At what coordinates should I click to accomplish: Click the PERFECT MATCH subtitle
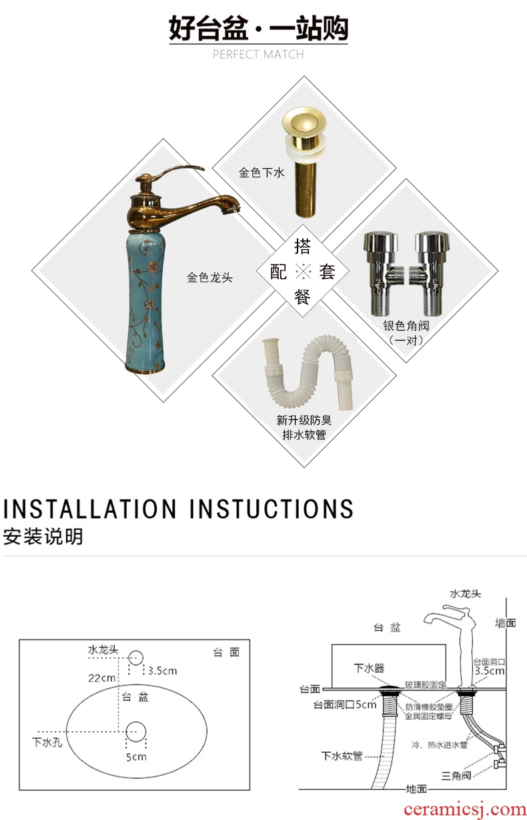258,55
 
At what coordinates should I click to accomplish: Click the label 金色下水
261,172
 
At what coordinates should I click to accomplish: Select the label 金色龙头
209,278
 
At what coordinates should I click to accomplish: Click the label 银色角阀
406,325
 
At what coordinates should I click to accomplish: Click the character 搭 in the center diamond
302,246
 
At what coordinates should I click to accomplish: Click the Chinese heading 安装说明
43,537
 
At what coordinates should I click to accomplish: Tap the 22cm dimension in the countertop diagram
101,678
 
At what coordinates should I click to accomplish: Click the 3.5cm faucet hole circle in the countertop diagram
135,658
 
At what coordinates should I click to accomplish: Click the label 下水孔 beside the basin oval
47,743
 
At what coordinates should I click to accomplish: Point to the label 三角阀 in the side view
456,776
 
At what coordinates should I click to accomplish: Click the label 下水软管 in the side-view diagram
342,756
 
